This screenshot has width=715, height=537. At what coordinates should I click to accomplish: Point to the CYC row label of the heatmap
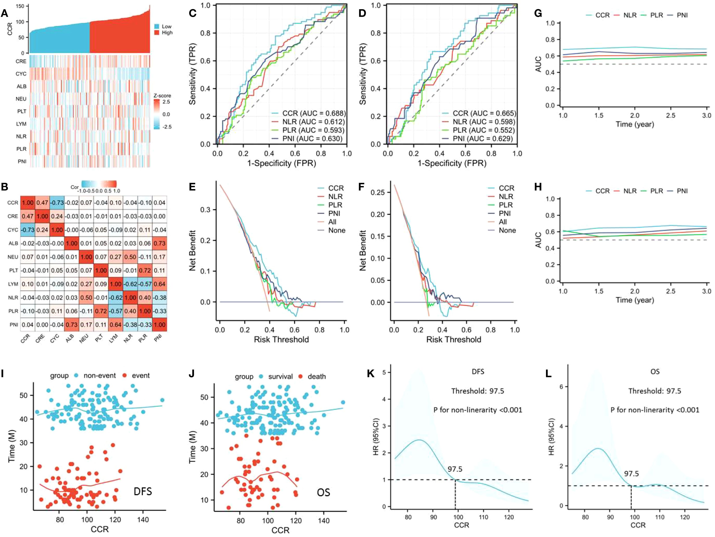(x=21, y=74)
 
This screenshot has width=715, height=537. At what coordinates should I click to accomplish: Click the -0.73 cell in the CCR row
(x=57, y=203)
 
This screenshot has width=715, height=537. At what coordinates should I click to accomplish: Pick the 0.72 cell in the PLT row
(x=145, y=270)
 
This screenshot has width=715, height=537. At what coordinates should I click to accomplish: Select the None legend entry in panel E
(x=336, y=230)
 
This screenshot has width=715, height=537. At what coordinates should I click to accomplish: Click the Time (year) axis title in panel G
(x=634, y=124)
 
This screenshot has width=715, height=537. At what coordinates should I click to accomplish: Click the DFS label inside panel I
(x=143, y=491)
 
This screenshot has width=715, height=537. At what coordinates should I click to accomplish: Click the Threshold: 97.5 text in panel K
(x=477, y=391)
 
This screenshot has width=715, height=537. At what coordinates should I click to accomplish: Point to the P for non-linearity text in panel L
(x=654, y=410)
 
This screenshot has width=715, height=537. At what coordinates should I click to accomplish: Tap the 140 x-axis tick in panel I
(x=143, y=520)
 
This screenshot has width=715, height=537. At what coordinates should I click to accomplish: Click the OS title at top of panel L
(x=655, y=371)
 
